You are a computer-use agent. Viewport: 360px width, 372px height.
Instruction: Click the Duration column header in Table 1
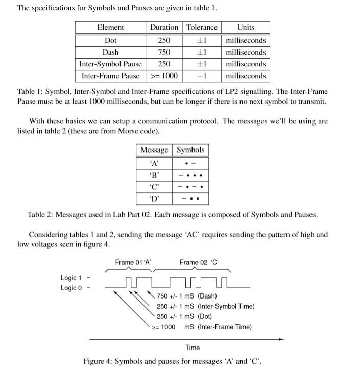click(x=164, y=28)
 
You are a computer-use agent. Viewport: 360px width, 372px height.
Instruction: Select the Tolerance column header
click(x=202, y=28)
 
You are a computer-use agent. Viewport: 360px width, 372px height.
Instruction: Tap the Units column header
click(x=246, y=28)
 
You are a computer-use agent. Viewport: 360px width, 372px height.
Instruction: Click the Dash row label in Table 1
click(x=110, y=52)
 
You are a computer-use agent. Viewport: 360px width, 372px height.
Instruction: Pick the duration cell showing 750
click(x=164, y=52)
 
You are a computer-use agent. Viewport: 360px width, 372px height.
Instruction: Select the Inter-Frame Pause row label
click(x=110, y=76)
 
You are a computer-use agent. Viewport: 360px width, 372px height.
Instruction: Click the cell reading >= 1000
click(x=164, y=76)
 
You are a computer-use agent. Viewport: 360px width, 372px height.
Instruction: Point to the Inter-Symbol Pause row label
click(x=110, y=64)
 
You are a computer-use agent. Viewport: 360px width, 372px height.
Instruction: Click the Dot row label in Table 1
click(x=110, y=40)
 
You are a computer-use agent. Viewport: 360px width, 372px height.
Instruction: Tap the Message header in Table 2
click(x=154, y=150)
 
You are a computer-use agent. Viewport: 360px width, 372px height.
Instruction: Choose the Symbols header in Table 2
click(x=190, y=150)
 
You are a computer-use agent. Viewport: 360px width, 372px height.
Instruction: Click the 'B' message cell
click(x=154, y=175)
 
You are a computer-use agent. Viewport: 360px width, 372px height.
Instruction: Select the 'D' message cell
click(x=154, y=199)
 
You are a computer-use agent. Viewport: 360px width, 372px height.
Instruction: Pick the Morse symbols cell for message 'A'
click(x=190, y=163)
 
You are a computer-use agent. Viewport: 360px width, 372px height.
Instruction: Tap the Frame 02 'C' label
click(x=199, y=263)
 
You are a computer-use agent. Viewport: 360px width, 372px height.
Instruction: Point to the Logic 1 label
click(x=71, y=278)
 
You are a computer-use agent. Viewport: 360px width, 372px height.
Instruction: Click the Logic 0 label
click(x=71, y=288)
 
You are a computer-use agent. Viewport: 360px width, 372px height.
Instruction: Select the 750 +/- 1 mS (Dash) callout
click(x=186, y=296)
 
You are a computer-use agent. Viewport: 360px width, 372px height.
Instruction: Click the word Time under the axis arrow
click(x=193, y=348)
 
